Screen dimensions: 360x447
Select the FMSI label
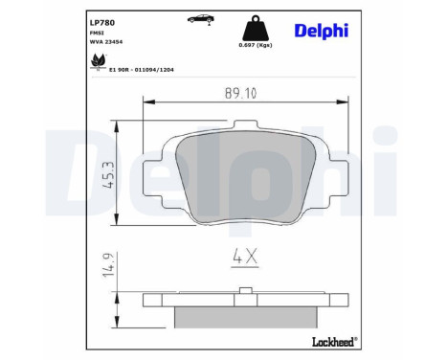pos(70,33)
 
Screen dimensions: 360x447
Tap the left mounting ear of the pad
pos(154,172)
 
